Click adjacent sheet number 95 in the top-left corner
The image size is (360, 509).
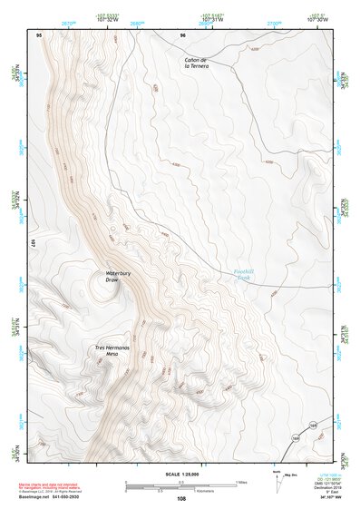38,34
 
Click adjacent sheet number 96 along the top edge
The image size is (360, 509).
182,34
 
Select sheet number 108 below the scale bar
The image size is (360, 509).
180,499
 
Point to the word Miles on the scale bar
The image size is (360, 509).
240,481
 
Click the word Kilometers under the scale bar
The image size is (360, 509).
181,490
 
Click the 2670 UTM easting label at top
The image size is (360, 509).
68,22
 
